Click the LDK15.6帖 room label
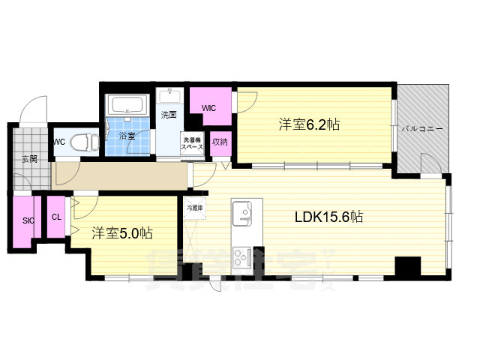pyautogui.click(x=328, y=217)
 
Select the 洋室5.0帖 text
pyautogui.click(x=122, y=232)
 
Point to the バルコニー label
pyautogui.click(x=422, y=129)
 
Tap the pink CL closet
pyautogui.click(x=56, y=217)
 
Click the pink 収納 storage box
pyautogui.click(x=219, y=142)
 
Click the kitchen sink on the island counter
pyautogui.click(x=244, y=214)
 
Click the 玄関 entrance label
pyautogui.click(x=28, y=158)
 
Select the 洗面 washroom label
pyautogui.click(x=169, y=115)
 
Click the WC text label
pyautogui.click(x=59, y=140)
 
